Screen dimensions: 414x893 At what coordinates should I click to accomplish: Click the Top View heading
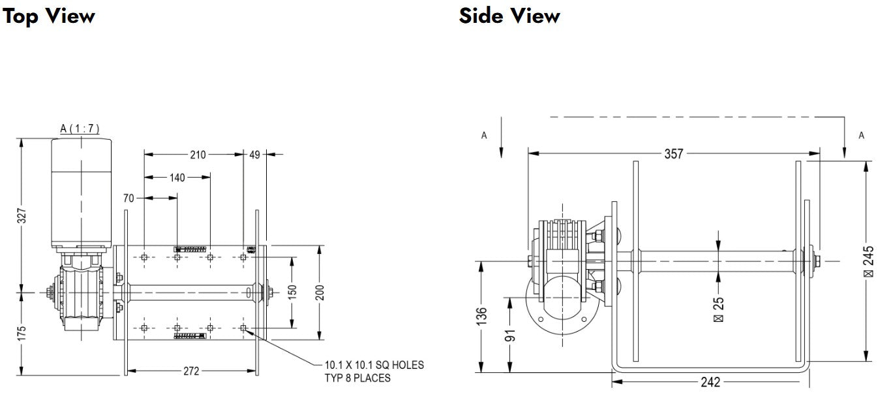point(49,16)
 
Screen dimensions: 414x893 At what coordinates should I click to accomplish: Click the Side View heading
point(509,16)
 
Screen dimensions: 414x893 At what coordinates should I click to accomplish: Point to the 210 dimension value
point(198,155)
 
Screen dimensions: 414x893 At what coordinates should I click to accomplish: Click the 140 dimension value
point(177,177)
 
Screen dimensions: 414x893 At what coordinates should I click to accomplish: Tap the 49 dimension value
point(254,155)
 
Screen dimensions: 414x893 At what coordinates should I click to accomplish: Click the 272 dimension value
point(190,371)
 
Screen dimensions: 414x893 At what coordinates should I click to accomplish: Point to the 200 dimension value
point(320,293)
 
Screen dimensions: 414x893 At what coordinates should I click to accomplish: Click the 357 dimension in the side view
point(673,153)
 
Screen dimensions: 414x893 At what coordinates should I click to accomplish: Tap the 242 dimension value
point(710,382)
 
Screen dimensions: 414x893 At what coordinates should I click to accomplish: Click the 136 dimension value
point(481,317)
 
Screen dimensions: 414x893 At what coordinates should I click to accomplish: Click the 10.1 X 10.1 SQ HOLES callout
point(374,371)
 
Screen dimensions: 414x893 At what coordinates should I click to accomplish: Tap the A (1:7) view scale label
point(80,129)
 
